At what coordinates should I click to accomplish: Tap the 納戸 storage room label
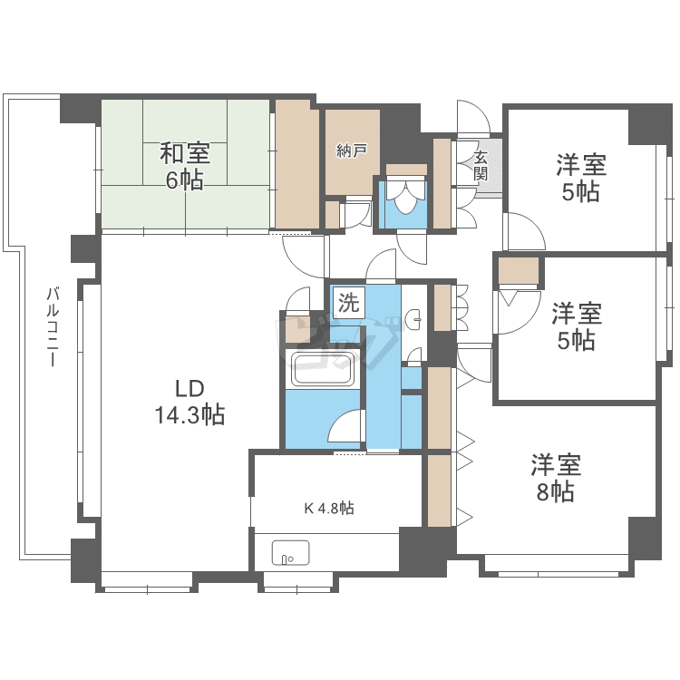[x=352, y=151]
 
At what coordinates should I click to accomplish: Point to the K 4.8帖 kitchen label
[x=328, y=509]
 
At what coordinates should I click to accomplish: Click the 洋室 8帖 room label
[x=555, y=479]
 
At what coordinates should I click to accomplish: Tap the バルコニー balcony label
[x=52, y=326]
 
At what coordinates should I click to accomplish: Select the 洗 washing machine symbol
[x=347, y=302]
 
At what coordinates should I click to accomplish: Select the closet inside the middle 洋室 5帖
[x=518, y=272]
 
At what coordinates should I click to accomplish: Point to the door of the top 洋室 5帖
[x=523, y=232]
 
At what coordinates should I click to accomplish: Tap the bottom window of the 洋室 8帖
[x=558, y=572]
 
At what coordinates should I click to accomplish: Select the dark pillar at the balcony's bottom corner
[x=84, y=560]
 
